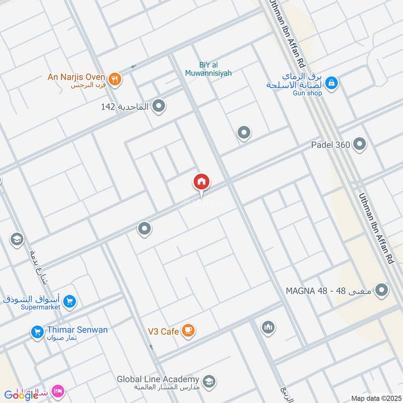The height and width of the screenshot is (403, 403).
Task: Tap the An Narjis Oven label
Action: point(76,77)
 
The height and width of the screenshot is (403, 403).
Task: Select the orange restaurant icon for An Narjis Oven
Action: point(115,80)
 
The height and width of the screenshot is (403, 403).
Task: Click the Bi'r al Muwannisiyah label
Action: point(215,69)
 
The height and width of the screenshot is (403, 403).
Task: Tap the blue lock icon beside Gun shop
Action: point(331,82)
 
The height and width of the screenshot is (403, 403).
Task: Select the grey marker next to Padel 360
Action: point(360,145)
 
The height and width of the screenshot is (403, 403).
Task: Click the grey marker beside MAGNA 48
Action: point(382,290)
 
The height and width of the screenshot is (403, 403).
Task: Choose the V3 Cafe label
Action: point(164,331)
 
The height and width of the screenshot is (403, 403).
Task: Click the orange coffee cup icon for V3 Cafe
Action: point(188,330)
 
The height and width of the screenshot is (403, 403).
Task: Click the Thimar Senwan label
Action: point(77,330)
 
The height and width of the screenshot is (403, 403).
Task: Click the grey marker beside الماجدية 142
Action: point(159,106)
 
